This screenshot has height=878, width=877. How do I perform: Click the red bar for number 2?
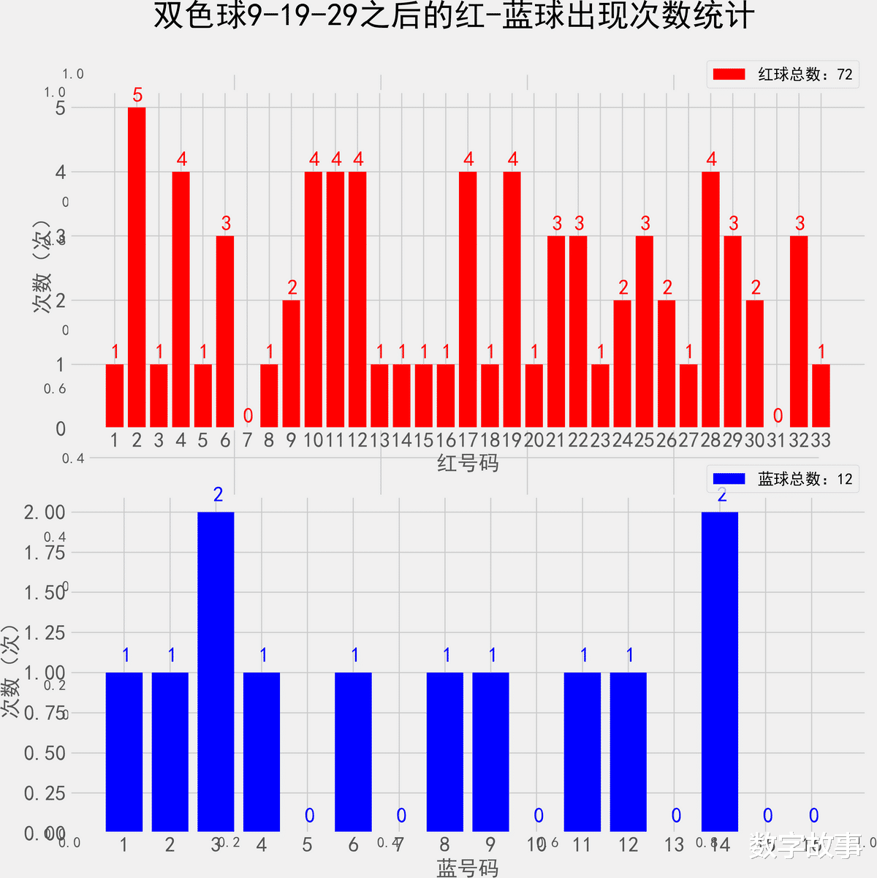point(137,267)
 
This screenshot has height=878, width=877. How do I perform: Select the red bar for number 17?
point(468,299)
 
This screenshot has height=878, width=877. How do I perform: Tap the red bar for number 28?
point(710,299)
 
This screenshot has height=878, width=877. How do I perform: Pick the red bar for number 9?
point(291,363)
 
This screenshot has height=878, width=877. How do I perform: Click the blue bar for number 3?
point(216,671)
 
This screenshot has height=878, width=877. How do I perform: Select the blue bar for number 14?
point(720,671)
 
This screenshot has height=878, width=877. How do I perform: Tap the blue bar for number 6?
point(353,752)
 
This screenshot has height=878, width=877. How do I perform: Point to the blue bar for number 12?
point(629,752)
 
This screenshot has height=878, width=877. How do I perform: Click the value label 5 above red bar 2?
point(137,95)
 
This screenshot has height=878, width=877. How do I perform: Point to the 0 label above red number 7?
point(248,416)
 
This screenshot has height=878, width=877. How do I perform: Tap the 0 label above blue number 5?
point(309,816)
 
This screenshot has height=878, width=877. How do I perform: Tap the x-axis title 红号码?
point(468,463)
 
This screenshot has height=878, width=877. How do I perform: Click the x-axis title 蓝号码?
point(468,868)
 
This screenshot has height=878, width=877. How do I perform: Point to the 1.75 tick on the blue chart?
point(45,553)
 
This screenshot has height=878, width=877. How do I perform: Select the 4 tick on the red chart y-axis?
point(61,172)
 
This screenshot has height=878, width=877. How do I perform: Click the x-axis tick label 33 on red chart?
point(821,440)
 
